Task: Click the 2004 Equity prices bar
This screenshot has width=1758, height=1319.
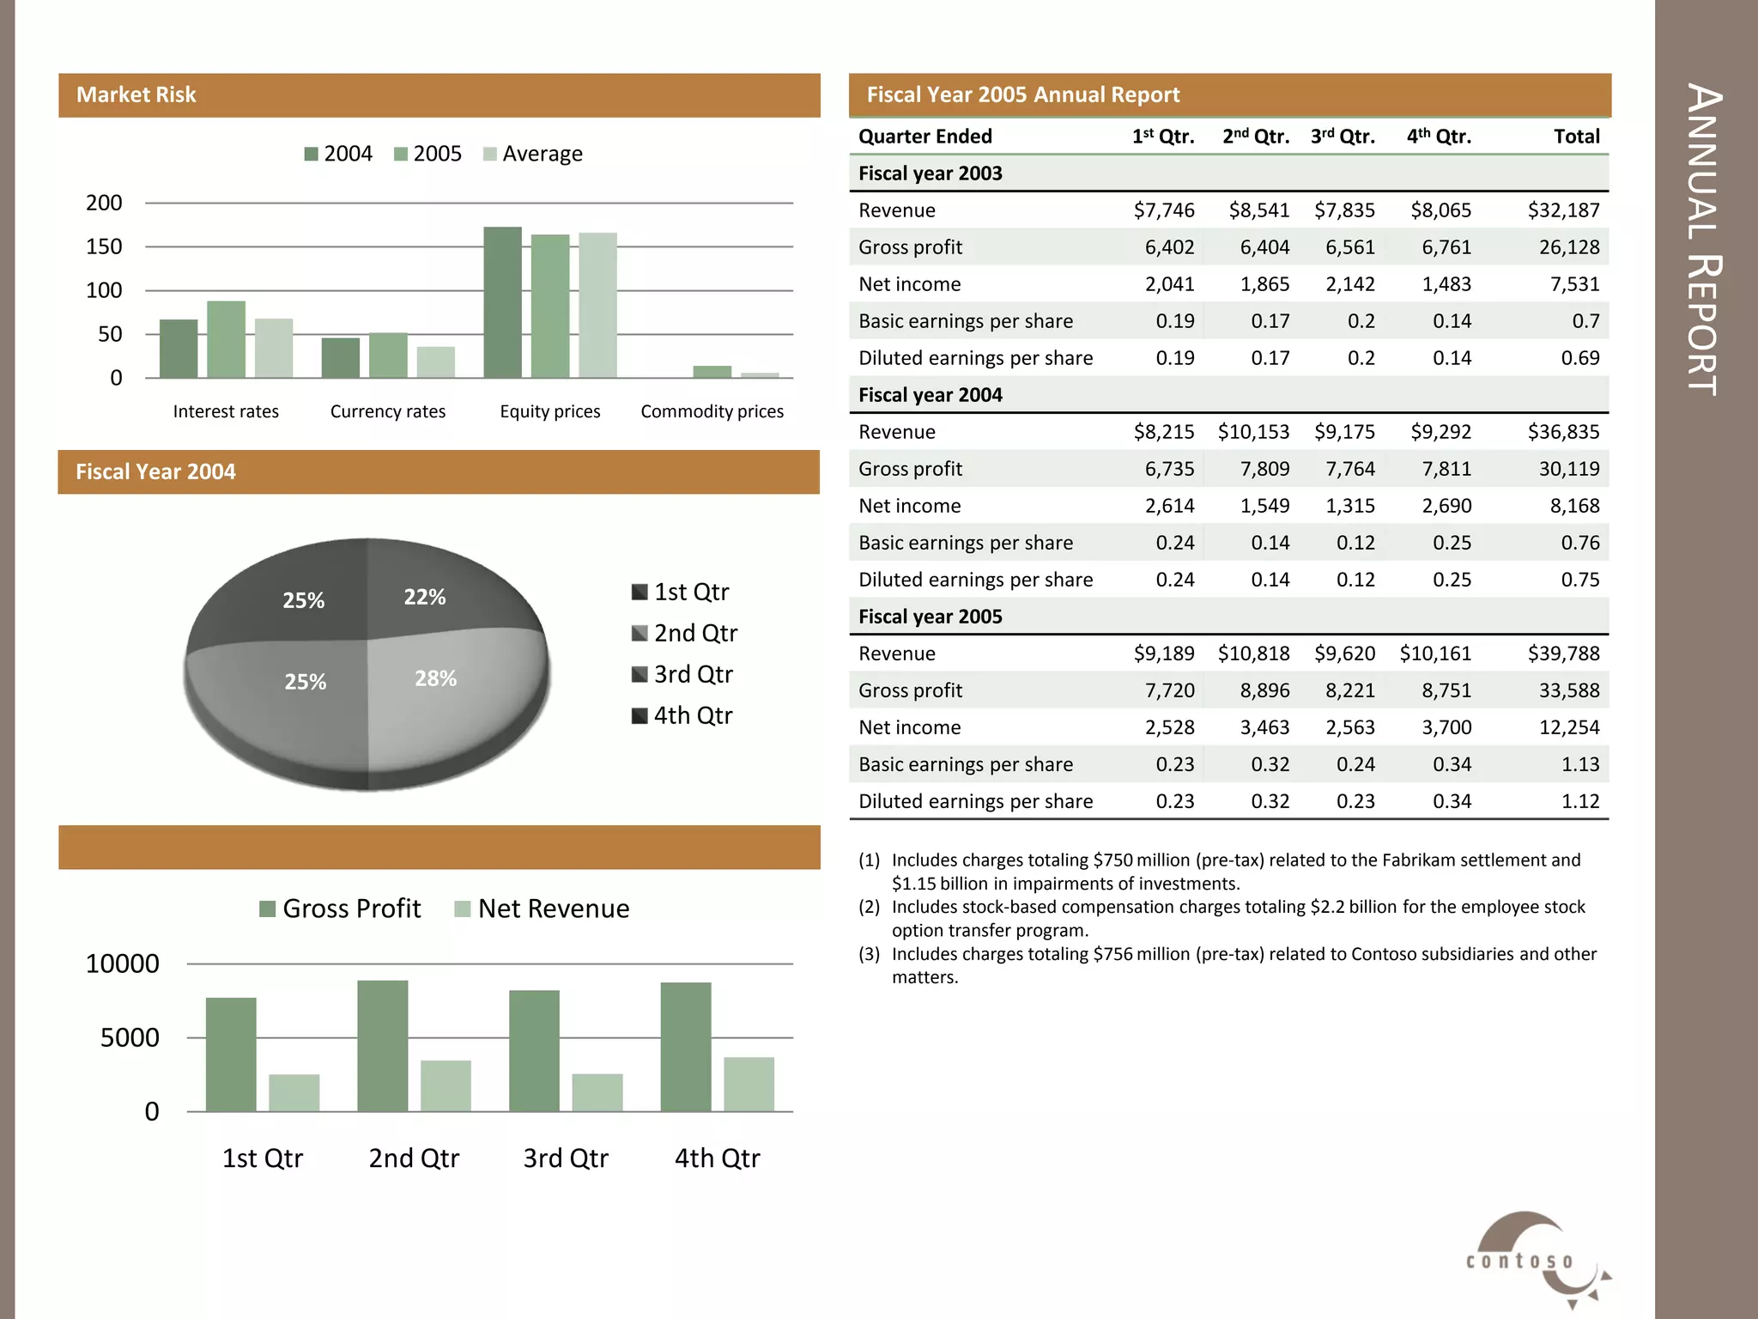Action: tap(502, 302)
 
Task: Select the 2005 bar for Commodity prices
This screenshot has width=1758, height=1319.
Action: tap(712, 372)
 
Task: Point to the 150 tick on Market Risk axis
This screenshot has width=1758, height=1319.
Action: tap(104, 246)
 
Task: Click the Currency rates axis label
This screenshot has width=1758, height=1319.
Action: tap(388, 411)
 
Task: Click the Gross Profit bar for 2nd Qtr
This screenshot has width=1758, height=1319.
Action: tap(383, 1046)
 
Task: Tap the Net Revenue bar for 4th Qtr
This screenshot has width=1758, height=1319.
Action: tap(749, 1084)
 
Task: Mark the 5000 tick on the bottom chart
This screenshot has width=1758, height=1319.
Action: tap(130, 1037)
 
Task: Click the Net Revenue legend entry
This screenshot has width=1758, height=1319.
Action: tap(542, 909)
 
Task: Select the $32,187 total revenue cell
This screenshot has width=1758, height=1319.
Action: tap(1563, 210)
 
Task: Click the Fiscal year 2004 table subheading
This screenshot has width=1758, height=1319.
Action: tap(931, 395)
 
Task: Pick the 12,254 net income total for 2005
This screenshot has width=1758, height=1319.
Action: tap(1569, 727)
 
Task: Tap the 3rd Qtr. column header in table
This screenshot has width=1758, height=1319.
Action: tap(1343, 137)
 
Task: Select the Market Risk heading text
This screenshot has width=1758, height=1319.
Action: tap(136, 94)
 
